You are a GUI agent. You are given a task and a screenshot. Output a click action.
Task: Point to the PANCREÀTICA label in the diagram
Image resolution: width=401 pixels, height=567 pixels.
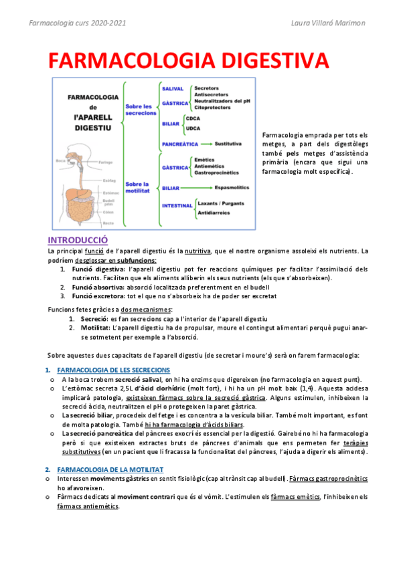click(x=179, y=144)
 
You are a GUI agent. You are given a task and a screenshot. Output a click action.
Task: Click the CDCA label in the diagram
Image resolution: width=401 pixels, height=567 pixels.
click(x=194, y=118)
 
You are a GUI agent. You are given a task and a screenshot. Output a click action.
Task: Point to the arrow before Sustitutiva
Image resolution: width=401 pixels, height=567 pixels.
click(x=206, y=144)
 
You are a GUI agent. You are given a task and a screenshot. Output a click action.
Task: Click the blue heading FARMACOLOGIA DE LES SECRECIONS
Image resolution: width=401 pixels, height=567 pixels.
click(x=114, y=370)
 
